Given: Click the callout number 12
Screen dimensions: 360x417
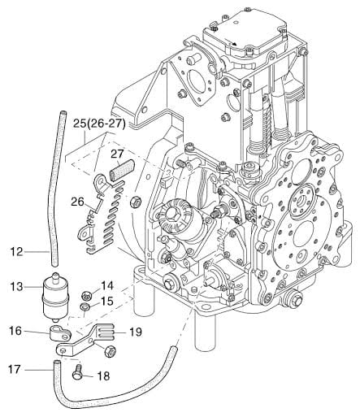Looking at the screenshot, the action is coord(17,252).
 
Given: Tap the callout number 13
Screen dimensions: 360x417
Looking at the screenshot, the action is coord(17,286).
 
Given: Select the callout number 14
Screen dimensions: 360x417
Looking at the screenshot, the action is coord(107,286).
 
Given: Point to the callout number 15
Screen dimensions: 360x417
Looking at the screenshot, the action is coord(107,301).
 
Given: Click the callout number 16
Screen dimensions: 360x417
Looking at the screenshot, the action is coord(15,331).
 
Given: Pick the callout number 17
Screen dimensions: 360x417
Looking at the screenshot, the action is coord(15,369).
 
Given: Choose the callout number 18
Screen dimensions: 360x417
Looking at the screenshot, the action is coord(103,376).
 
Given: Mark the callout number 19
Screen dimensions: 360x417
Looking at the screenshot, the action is coord(136,332).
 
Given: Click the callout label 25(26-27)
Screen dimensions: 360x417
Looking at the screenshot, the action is coord(99,124).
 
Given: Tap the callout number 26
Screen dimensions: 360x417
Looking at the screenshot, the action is coord(78,202).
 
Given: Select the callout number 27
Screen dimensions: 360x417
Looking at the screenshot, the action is coord(117,154).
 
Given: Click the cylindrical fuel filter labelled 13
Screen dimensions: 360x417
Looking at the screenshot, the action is coord(56,298).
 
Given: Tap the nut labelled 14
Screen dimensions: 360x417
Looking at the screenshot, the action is coord(87,294).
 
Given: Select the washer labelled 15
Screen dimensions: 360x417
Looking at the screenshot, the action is coord(85,307).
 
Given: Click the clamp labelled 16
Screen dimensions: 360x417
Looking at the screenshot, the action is coord(60,333).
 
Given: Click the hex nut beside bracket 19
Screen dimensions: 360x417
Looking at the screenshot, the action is coord(111,351).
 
